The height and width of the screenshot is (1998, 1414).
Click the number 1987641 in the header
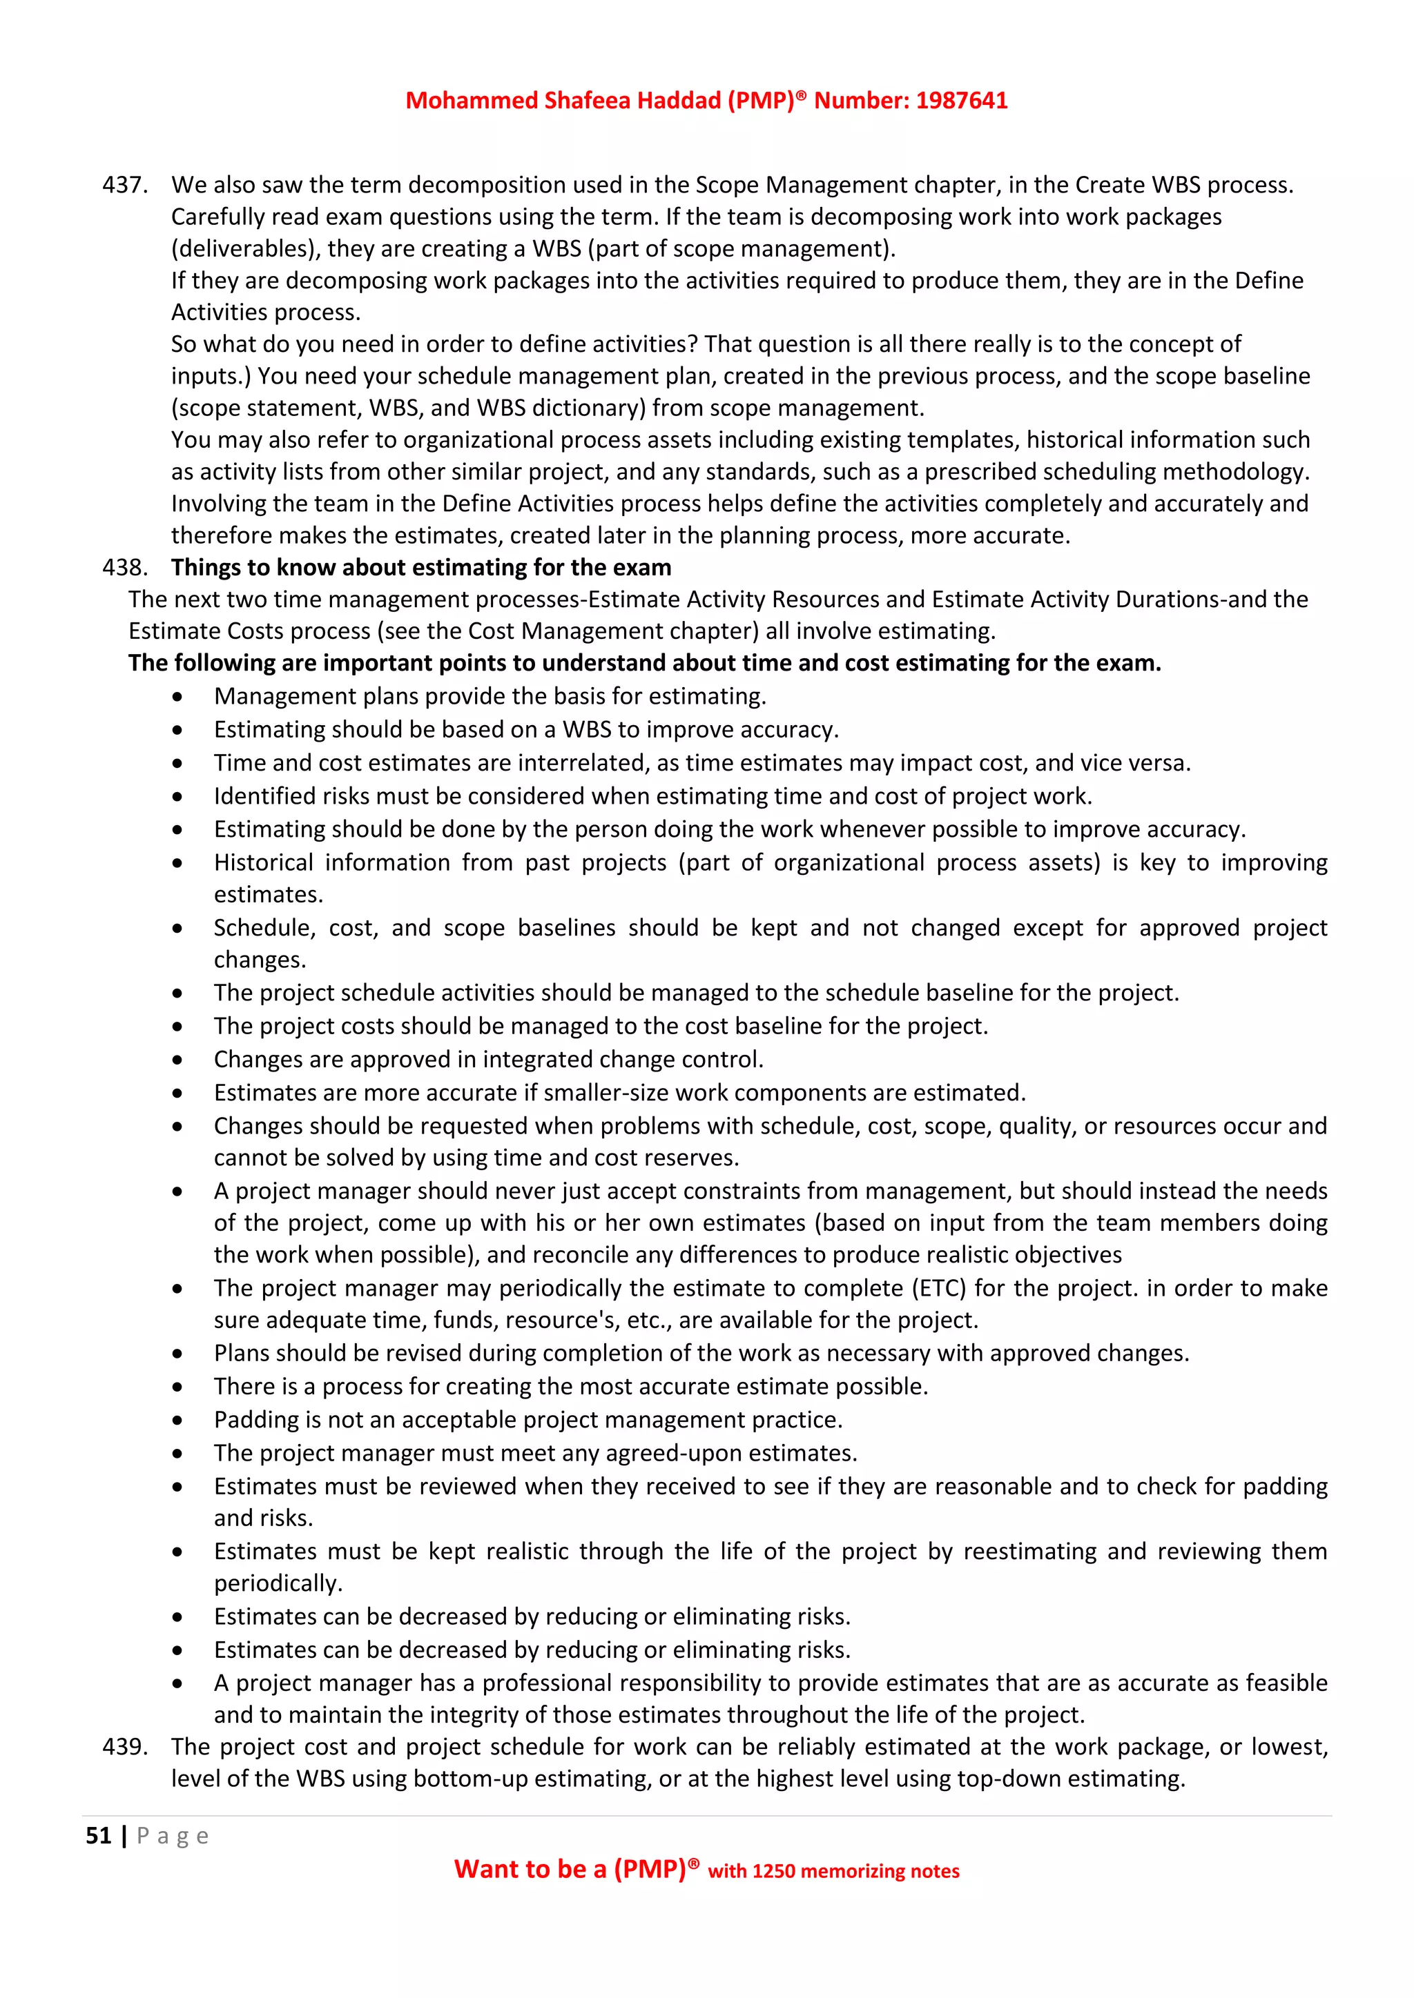click(x=961, y=101)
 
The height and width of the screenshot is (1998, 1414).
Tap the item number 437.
click(x=124, y=186)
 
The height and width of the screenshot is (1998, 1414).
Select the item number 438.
click(x=124, y=567)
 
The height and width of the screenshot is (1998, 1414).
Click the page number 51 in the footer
click(x=99, y=1836)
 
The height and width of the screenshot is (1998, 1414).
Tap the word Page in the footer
click(x=173, y=1836)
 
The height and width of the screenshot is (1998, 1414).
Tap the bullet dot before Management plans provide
click(x=177, y=697)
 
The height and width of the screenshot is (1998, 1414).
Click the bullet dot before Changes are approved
click(x=177, y=1060)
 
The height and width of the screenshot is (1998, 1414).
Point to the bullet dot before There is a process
click(x=177, y=1387)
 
